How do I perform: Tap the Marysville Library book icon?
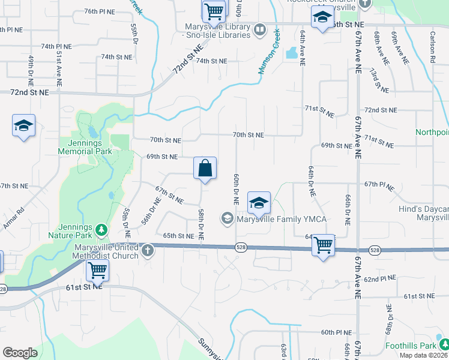click(259, 29)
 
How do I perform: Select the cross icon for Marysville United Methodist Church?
click(148, 252)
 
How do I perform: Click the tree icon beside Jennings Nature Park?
click(101, 229)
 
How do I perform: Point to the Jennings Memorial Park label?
click(85, 147)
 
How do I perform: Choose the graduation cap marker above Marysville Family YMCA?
click(259, 203)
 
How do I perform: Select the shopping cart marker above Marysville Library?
click(213, 10)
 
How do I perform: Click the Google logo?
click(20, 353)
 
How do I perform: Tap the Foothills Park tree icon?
click(444, 344)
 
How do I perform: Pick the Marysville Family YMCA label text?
click(281, 219)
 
